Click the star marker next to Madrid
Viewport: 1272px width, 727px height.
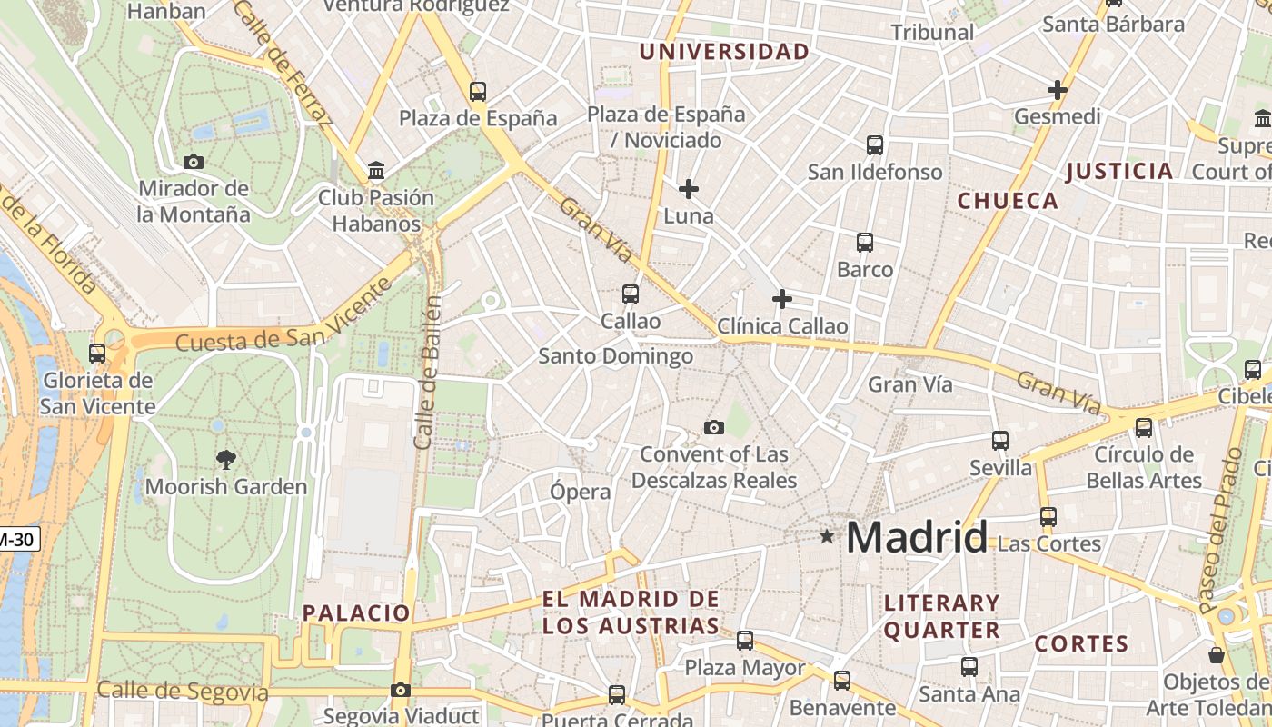coord(827,536)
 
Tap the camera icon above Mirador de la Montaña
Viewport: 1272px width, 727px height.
coord(194,163)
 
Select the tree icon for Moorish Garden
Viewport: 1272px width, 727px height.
coord(226,460)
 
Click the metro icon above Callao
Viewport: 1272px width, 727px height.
coord(631,294)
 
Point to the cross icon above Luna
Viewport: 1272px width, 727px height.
coord(689,189)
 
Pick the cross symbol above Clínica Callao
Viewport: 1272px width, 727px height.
coord(781,299)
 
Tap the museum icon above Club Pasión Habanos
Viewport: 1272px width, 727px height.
coord(375,171)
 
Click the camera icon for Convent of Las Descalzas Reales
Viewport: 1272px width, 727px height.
coord(714,427)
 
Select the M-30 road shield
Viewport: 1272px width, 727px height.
coord(17,539)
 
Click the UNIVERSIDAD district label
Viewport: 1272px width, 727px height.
coord(723,52)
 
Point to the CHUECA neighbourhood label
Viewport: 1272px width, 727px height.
coord(1008,201)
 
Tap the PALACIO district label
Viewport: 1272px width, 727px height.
coord(356,613)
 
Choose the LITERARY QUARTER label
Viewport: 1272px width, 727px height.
coord(941,616)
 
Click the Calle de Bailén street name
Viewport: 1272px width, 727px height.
coord(427,372)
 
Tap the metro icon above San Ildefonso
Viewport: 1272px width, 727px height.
coord(875,144)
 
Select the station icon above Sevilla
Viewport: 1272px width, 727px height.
coord(1000,441)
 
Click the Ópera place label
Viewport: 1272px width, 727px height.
coord(581,492)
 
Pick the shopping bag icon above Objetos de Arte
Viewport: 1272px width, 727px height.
coord(1217,655)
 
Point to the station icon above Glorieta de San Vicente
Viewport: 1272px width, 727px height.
coord(97,354)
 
